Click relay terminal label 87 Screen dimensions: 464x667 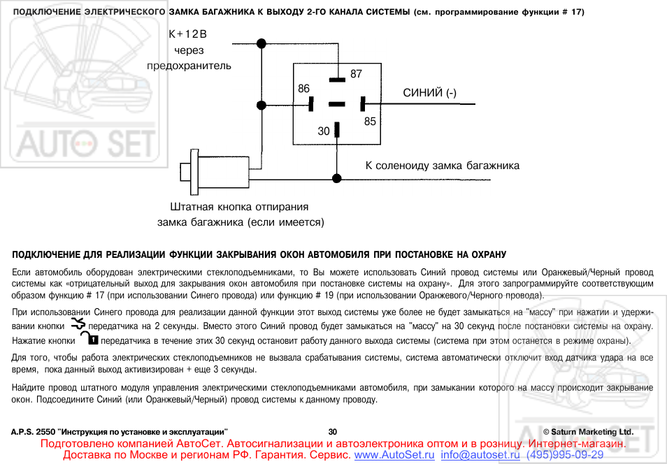[356, 73]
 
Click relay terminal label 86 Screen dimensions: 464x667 [303, 89]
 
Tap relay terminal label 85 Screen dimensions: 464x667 [370, 121]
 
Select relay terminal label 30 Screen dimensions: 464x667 [323, 131]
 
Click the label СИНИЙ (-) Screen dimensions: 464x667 [429, 93]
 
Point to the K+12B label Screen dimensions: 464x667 [188, 34]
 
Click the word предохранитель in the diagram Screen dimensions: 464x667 [189, 65]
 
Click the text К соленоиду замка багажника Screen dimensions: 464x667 [443, 166]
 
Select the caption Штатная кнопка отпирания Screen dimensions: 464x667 [240, 207]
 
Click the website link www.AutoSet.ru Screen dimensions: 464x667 [396, 455]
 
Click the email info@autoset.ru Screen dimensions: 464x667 [480, 455]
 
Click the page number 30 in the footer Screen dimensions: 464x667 [332, 432]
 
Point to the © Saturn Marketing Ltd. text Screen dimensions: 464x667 [587, 432]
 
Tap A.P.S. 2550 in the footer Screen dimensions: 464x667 [32, 432]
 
